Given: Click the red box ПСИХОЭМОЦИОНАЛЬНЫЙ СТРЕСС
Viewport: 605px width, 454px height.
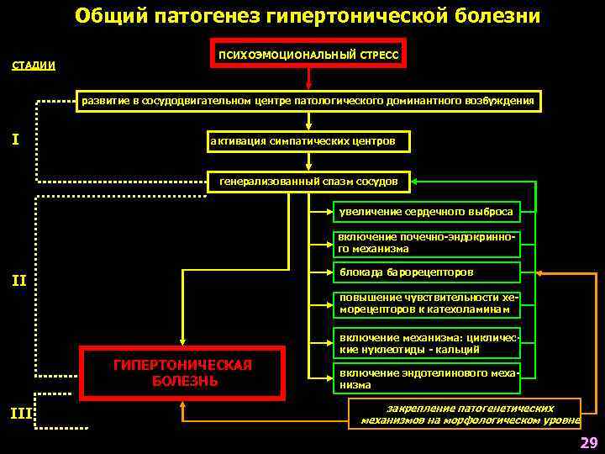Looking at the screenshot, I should point(308,54).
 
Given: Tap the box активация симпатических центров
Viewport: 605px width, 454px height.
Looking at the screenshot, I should point(308,140).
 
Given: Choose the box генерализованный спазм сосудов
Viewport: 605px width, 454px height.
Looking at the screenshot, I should point(308,181).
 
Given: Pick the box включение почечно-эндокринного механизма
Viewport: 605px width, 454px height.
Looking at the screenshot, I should point(426,243).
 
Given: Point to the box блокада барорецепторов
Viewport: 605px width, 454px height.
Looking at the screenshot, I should point(426,272).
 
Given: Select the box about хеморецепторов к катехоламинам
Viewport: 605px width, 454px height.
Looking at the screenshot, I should point(426,304).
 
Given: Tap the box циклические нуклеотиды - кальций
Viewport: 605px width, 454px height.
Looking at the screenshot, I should point(426,342).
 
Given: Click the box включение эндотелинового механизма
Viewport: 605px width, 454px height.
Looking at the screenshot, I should point(426,378).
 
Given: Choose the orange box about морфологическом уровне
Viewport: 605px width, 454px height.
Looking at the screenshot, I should point(464,412).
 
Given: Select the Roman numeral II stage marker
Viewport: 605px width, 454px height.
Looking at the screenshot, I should point(19,280).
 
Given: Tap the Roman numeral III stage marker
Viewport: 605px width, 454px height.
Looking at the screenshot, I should point(20,412).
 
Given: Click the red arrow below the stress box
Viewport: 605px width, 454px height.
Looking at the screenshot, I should point(308,78).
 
